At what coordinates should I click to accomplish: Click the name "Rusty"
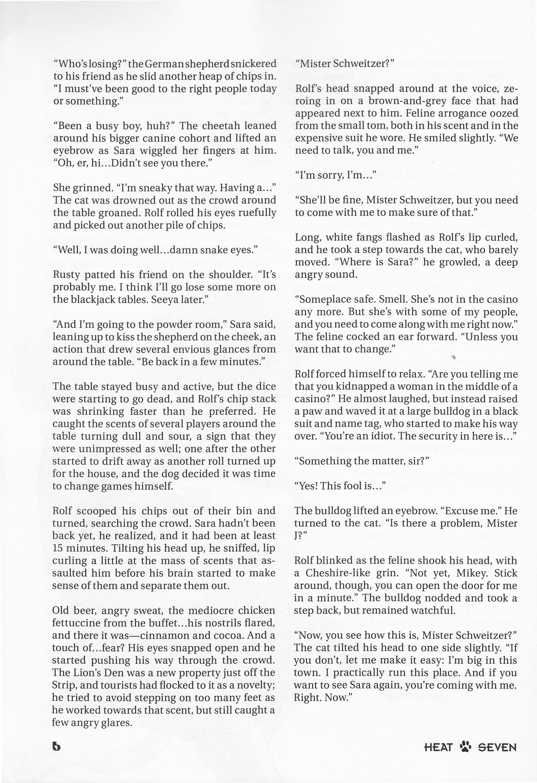click(x=66, y=275)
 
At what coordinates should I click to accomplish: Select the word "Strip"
click(x=63, y=685)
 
